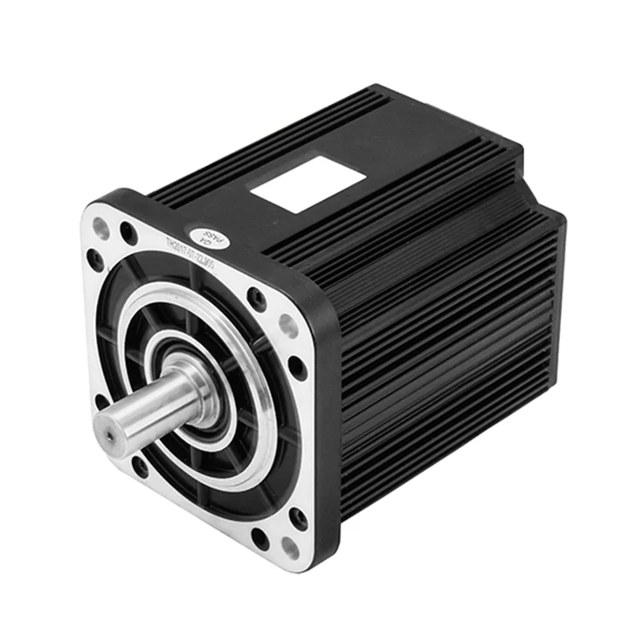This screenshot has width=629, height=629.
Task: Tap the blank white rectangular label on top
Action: coord(308,183)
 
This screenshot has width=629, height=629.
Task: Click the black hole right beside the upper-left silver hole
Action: coord(128,233)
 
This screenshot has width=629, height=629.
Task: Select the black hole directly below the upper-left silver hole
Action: coord(95,259)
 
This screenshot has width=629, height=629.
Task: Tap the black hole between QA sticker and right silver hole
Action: coord(257,300)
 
